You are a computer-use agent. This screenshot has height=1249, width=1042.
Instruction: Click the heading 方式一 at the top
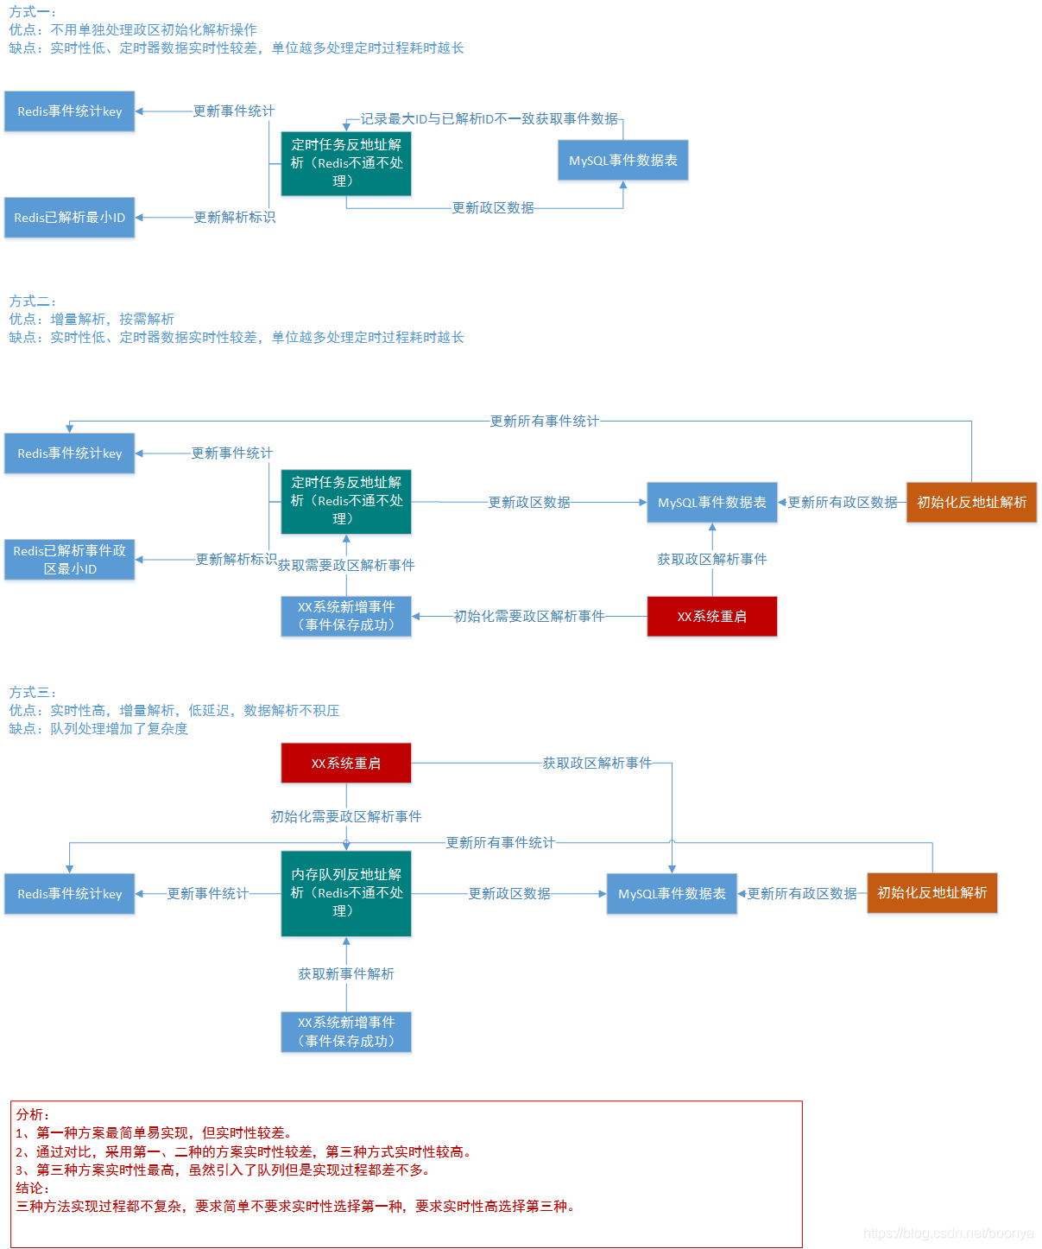click(x=32, y=12)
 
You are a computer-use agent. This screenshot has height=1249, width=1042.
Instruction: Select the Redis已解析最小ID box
click(x=69, y=218)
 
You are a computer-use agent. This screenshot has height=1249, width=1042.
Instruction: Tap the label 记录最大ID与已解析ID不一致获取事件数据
click(x=489, y=118)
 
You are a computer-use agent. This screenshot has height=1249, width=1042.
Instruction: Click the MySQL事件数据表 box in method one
click(x=622, y=161)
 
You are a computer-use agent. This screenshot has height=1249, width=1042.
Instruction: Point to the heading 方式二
click(x=32, y=301)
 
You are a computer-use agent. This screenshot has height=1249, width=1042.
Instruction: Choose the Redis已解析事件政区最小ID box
click(x=69, y=560)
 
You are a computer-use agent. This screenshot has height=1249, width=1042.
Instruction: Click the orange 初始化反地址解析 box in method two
click(x=971, y=503)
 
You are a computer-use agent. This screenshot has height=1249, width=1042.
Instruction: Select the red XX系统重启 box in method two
click(x=711, y=617)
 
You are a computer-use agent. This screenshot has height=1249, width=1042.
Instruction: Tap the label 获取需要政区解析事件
click(x=346, y=565)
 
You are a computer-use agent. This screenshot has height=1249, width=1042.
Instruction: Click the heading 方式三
click(x=32, y=693)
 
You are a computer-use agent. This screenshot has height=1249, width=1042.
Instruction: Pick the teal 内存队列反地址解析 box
click(x=346, y=893)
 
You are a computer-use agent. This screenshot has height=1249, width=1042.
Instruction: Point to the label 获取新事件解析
click(x=346, y=973)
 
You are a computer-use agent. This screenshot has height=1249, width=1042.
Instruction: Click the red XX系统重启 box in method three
click(x=346, y=764)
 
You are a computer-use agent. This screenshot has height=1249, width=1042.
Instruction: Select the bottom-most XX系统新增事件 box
click(x=346, y=1032)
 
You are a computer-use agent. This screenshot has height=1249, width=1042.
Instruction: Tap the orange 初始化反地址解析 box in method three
click(x=931, y=893)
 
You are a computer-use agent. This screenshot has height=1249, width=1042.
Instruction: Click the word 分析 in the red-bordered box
click(x=32, y=1114)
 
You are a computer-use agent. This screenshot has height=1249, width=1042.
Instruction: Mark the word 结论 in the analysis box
click(x=32, y=1188)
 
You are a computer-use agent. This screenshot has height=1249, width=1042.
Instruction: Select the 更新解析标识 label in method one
click(x=234, y=217)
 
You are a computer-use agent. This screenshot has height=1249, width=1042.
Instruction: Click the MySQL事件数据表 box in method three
click(x=672, y=894)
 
